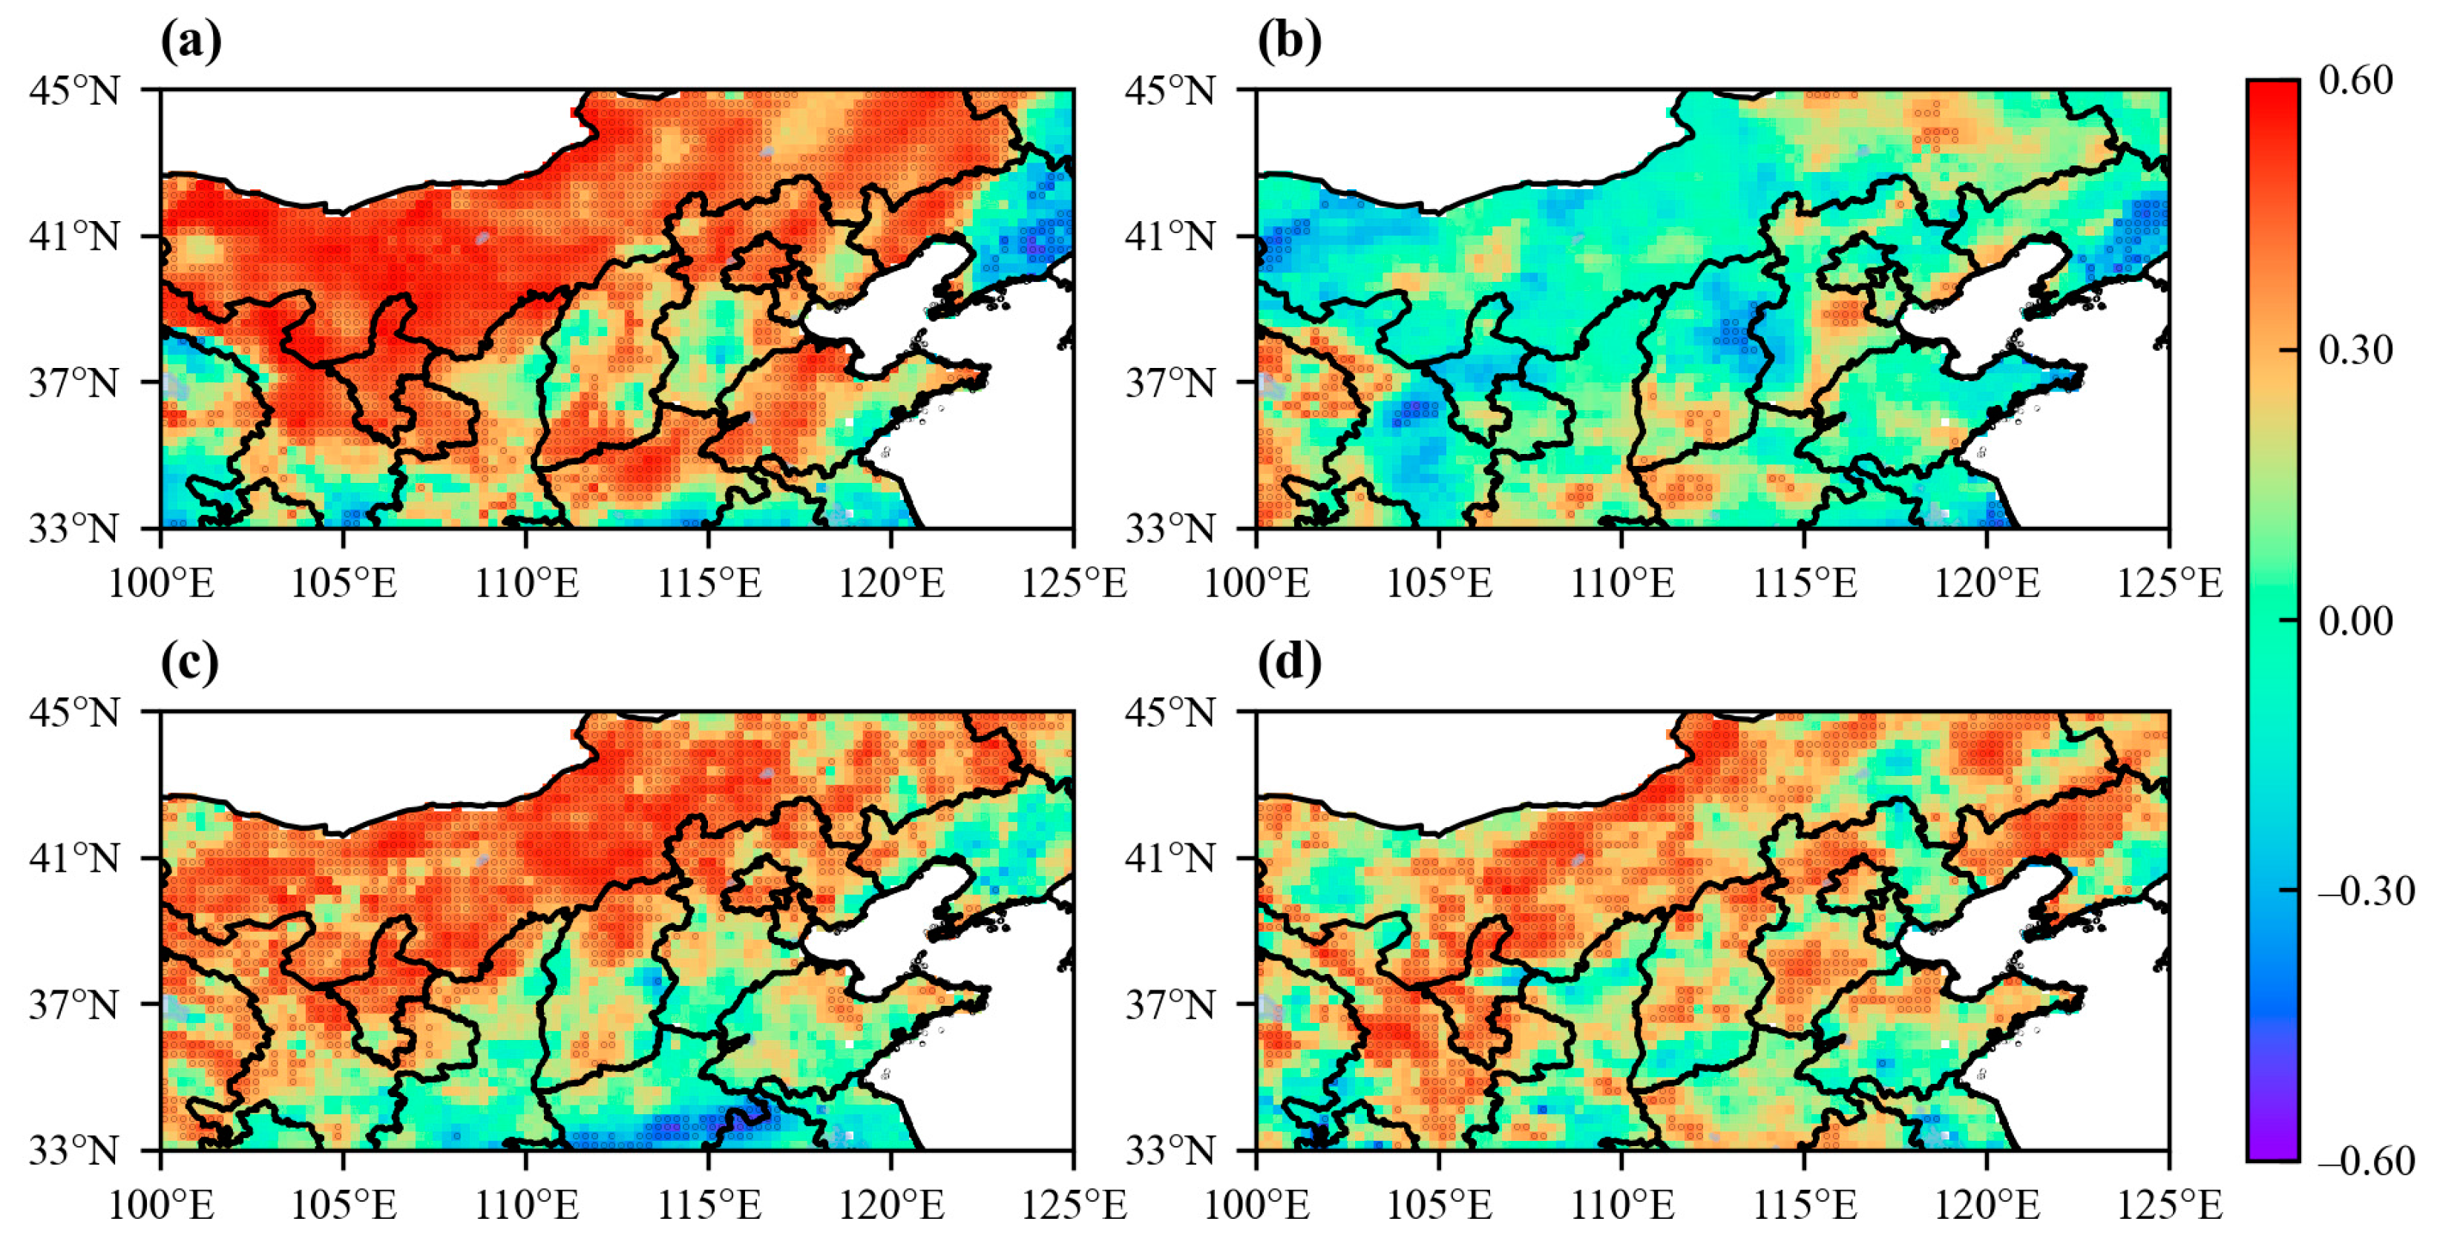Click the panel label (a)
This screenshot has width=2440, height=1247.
coord(191,42)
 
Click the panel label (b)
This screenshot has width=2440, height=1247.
coord(1288,42)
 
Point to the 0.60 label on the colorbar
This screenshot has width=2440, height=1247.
coord(2355,80)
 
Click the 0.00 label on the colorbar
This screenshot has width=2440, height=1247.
coord(2355,621)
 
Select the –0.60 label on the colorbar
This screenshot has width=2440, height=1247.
coord(2365,1161)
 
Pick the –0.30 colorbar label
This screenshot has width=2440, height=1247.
coord(2365,891)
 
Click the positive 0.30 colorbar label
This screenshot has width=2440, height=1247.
coord(2355,350)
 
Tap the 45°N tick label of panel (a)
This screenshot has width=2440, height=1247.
coord(75,91)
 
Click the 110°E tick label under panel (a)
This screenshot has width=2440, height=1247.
coord(525,582)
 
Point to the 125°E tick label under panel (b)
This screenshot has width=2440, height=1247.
coord(2169,582)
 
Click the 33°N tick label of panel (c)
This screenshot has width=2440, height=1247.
coord(75,1151)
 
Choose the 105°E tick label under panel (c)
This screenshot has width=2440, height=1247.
coord(343,1205)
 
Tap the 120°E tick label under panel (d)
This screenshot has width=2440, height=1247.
coord(1987,1205)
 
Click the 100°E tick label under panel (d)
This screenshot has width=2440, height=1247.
coord(1256,1205)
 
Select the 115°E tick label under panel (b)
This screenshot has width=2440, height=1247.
coord(1805,582)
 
